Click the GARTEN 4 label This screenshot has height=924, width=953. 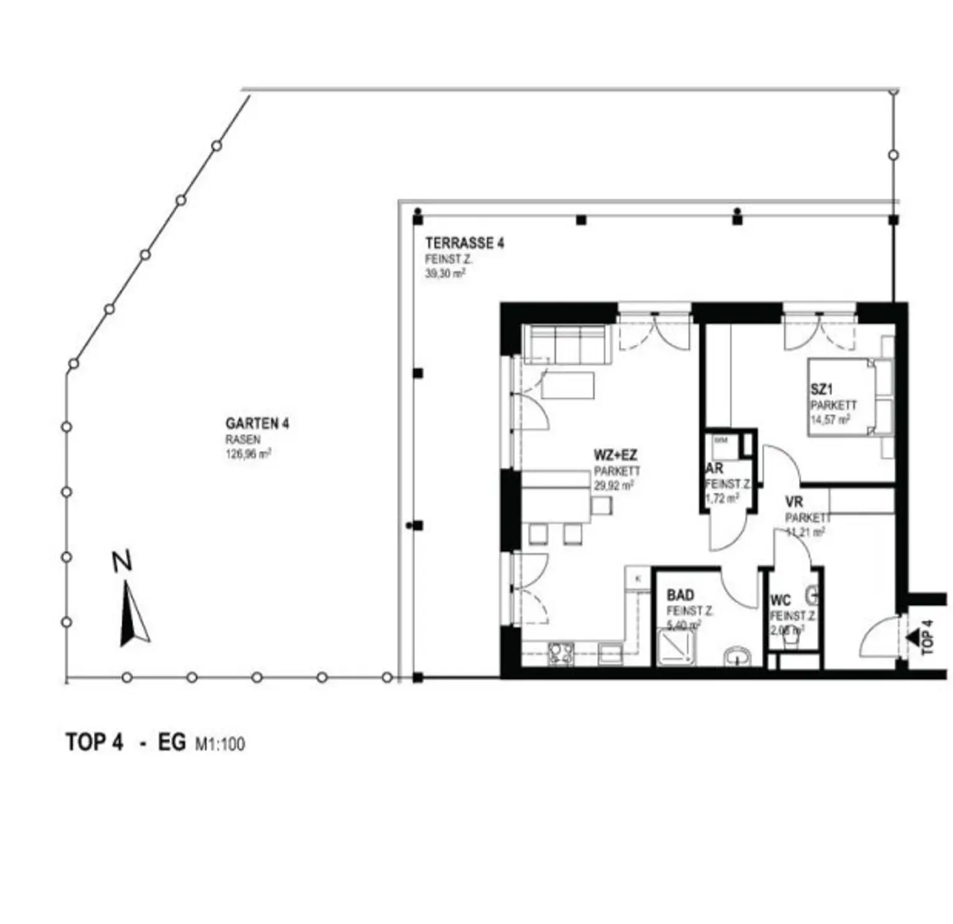pyautogui.click(x=257, y=423)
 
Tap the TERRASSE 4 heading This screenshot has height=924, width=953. pyautogui.click(x=464, y=243)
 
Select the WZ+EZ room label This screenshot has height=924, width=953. pyautogui.click(x=615, y=455)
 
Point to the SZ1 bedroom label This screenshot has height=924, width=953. pyautogui.click(x=821, y=390)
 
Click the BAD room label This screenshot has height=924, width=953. pyautogui.click(x=680, y=595)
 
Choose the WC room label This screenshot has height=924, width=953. pyautogui.click(x=780, y=600)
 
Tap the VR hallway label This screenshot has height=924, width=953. pyautogui.click(x=794, y=501)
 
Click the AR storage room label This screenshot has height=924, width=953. pyautogui.click(x=714, y=469)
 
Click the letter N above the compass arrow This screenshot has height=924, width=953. pyautogui.click(x=122, y=562)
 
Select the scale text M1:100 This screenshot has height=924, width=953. pyautogui.click(x=220, y=743)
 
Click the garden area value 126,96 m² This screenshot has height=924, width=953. pyautogui.click(x=248, y=454)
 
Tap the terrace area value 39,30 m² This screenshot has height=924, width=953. pyautogui.click(x=445, y=274)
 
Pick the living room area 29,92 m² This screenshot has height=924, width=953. pyautogui.click(x=613, y=486)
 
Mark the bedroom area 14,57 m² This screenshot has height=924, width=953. pyautogui.click(x=830, y=420)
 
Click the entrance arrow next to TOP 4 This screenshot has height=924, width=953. pyautogui.click(x=912, y=637)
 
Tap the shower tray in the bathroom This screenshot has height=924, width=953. pyautogui.click(x=676, y=647)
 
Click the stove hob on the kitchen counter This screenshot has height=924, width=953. pyautogui.click(x=561, y=653)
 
